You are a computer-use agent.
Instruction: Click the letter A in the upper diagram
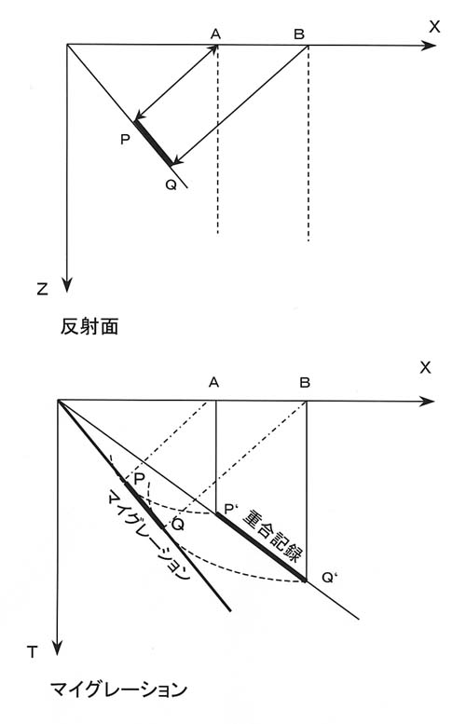click(x=215, y=34)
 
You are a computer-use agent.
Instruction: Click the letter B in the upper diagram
click(x=299, y=34)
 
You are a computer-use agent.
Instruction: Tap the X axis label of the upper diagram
click(x=434, y=27)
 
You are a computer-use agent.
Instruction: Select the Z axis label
click(x=42, y=290)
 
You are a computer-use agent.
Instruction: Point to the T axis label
click(x=32, y=652)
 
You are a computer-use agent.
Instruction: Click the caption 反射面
click(x=89, y=327)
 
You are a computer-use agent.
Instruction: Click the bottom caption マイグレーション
click(x=118, y=690)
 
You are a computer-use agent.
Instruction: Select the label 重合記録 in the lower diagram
click(x=273, y=536)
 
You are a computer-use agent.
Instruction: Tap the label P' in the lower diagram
click(x=229, y=510)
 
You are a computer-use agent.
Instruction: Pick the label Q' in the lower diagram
click(x=328, y=577)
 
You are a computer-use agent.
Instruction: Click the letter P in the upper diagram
click(x=125, y=139)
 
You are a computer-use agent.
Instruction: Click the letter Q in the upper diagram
click(x=171, y=185)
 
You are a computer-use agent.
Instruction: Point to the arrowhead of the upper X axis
click(x=429, y=46)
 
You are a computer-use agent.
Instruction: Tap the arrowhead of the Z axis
click(x=67, y=285)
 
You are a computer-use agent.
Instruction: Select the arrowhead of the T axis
click(x=57, y=648)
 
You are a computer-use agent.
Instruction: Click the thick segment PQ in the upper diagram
click(x=154, y=143)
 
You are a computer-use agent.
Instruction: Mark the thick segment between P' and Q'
click(x=261, y=546)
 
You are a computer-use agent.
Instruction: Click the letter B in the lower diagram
click(x=305, y=383)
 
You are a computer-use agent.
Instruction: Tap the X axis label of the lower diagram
click(x=425, y=367)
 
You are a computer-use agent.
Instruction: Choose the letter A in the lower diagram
click(x=213, y=382)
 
